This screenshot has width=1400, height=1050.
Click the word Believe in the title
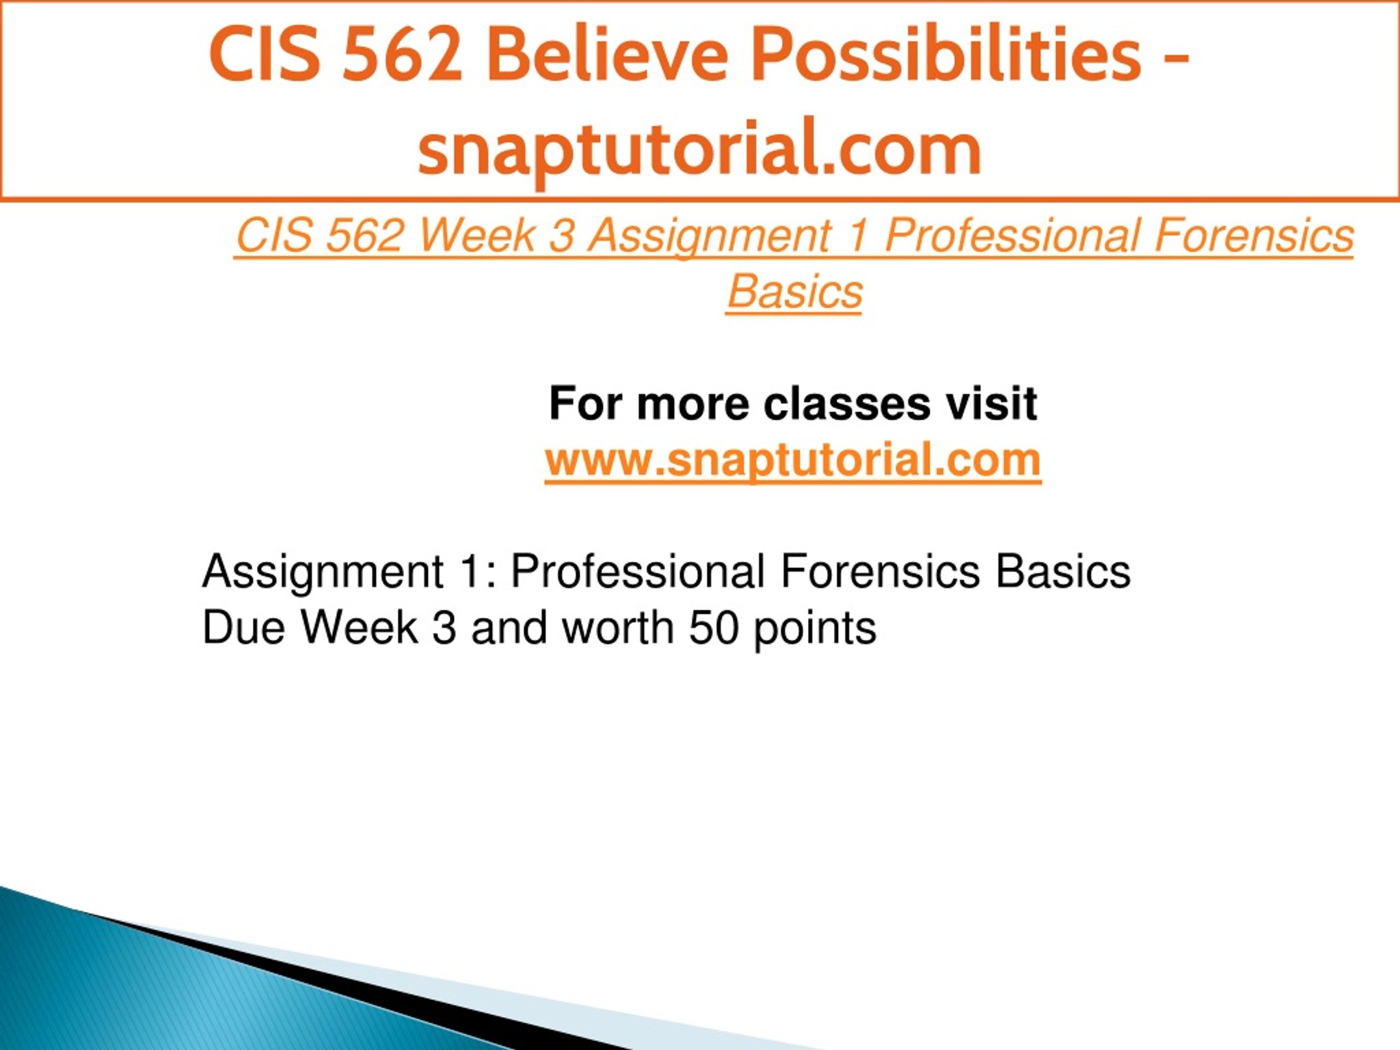coord(608,55)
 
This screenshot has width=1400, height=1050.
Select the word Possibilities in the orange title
coord(946,55)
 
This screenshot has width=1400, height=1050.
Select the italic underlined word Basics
coord(794,292)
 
